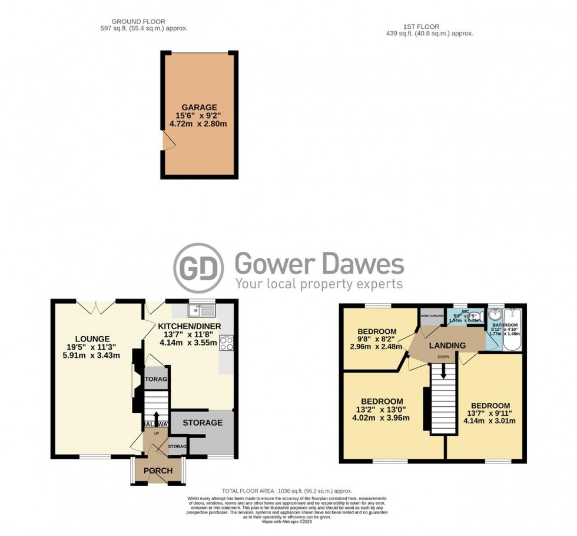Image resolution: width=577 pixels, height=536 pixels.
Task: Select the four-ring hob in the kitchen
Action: point(226,343)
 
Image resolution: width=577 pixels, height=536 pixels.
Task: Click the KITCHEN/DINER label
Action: point(190,325)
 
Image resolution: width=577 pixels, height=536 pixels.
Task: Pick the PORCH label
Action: point(158,471)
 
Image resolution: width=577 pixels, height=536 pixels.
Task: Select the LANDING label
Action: point(447,346)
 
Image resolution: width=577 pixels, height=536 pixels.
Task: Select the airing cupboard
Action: point(432,317)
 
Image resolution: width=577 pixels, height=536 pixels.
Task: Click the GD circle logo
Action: point(198,268)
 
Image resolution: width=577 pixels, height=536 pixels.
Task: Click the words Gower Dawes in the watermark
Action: point(320,264)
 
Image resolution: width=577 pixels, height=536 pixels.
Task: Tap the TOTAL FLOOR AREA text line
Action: point(287,491)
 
